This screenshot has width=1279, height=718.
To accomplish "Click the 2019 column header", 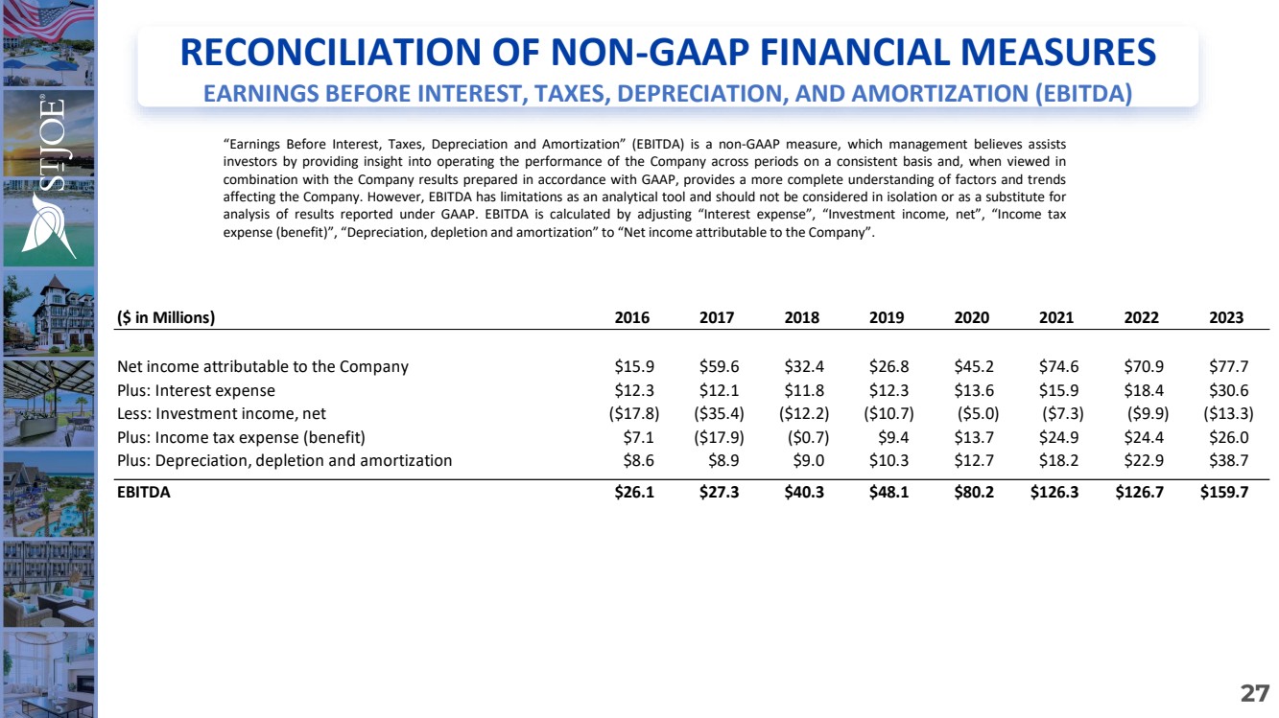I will (x=887, y=317).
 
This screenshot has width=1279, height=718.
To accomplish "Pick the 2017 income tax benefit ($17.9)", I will (x=717, y=437).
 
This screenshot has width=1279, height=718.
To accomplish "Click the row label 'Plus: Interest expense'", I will (x=196, y=390).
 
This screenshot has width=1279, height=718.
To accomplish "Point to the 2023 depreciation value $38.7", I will (x=1227, y=460).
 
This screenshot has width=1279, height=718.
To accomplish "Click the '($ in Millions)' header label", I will (x=165, y=318).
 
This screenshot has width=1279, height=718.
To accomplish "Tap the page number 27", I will (x=1254, y=693).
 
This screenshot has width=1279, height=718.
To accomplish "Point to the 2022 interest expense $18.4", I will (x=1143, y=390).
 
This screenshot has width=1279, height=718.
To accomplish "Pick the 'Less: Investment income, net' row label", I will (x=222, y=414).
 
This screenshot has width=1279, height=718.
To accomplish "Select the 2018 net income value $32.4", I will (x=802, y=366).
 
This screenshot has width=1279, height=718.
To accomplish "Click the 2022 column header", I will (x=1141, y=317).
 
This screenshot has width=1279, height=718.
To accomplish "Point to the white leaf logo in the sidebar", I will (x=50, y=221).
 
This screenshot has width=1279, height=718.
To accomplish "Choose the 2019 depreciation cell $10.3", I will (x=887, y=460).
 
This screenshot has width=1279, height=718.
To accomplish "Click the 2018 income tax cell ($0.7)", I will (x=802, y=437).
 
